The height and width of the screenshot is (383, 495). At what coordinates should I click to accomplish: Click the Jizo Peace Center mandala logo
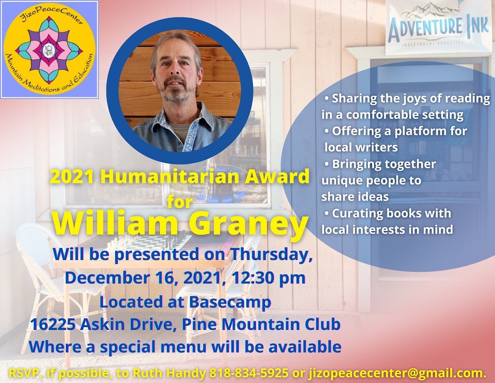point(50,50)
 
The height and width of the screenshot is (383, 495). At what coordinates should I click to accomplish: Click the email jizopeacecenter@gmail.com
point(397,373)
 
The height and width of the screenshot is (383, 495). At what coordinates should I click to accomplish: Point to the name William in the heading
point(116,223)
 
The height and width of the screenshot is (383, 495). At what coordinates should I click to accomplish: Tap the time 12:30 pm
point(268,278)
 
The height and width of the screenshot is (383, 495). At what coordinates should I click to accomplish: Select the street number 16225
point(52,325)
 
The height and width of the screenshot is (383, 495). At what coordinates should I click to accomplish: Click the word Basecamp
point(230,302)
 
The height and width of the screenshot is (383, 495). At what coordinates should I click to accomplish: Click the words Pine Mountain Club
point(261,324)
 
